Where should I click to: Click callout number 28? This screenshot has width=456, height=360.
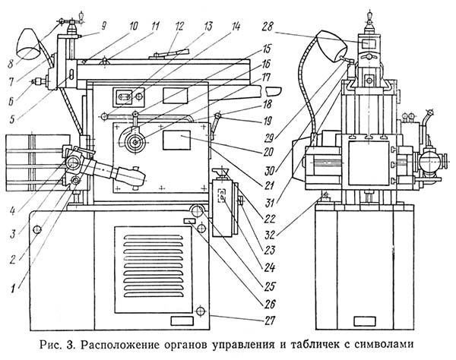(x=268, y=27)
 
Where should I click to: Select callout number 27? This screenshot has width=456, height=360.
(x=269, y=321)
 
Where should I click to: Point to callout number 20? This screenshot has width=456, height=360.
(x=268, y=151)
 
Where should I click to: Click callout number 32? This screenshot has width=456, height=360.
(x=270, y=235)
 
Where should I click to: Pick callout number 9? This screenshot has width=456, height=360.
(x=103, y=26)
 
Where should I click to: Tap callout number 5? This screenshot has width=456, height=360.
(x=12, y=119)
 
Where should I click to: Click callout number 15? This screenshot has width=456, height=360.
(x=267, y=49)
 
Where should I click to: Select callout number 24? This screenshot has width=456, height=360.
(x=269, y=267)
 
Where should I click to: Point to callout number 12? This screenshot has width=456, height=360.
(x=179, y=26)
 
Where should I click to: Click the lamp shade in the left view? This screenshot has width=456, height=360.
(x=29, y=44)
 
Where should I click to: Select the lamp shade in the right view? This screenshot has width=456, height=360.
(x=332, y=46)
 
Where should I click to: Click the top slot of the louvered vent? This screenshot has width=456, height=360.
(x=154, y=237)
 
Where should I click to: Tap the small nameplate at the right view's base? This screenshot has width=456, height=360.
(x=364, y=321)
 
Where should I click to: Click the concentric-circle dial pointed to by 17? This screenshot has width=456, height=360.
(x=135, y=142)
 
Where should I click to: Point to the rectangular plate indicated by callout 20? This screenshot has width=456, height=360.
(x=176, y=140)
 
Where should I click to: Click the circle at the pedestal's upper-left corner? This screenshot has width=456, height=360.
(x=37, y=230)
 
